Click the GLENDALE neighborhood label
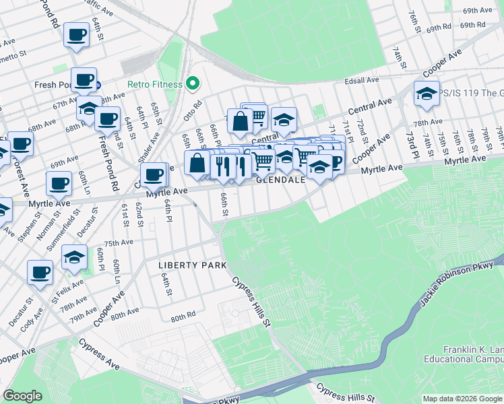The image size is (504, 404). click(x=281, y=180)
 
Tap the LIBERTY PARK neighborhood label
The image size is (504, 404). click(x=192, y=265)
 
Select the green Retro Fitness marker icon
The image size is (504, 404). click(x=192, y=84)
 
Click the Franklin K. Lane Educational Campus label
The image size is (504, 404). click(x=472, y=354)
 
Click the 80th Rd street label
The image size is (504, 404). click(x=183, y=317)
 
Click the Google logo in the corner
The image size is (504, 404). click(x=22, y=396)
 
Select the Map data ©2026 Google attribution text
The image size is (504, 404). click(x=462, y=399)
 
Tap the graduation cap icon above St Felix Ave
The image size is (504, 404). click(x=74, y=257)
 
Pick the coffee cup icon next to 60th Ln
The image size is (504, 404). click(x=59, y=182)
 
